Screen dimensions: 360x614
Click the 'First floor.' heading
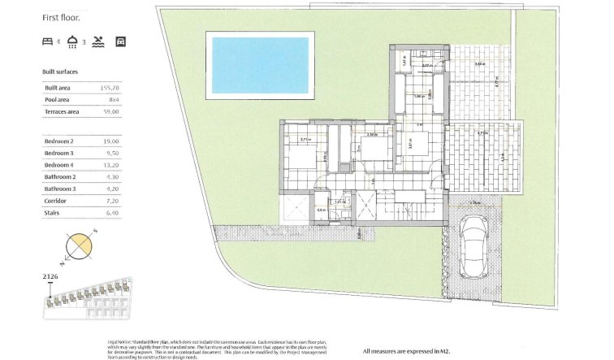[61, 15]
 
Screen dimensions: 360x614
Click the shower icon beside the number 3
[72, 40]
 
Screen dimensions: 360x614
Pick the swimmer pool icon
[98, 40]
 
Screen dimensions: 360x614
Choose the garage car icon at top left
[121, 40]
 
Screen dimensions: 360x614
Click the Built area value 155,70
[108, 87]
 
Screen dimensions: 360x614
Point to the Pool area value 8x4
[113, 99]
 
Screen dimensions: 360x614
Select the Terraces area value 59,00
[110, 111]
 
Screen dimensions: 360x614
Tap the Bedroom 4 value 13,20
[110, 165]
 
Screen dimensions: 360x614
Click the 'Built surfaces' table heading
[60, 72]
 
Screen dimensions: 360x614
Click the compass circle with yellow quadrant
[79, 246]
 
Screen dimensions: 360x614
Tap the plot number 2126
[50, 277]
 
